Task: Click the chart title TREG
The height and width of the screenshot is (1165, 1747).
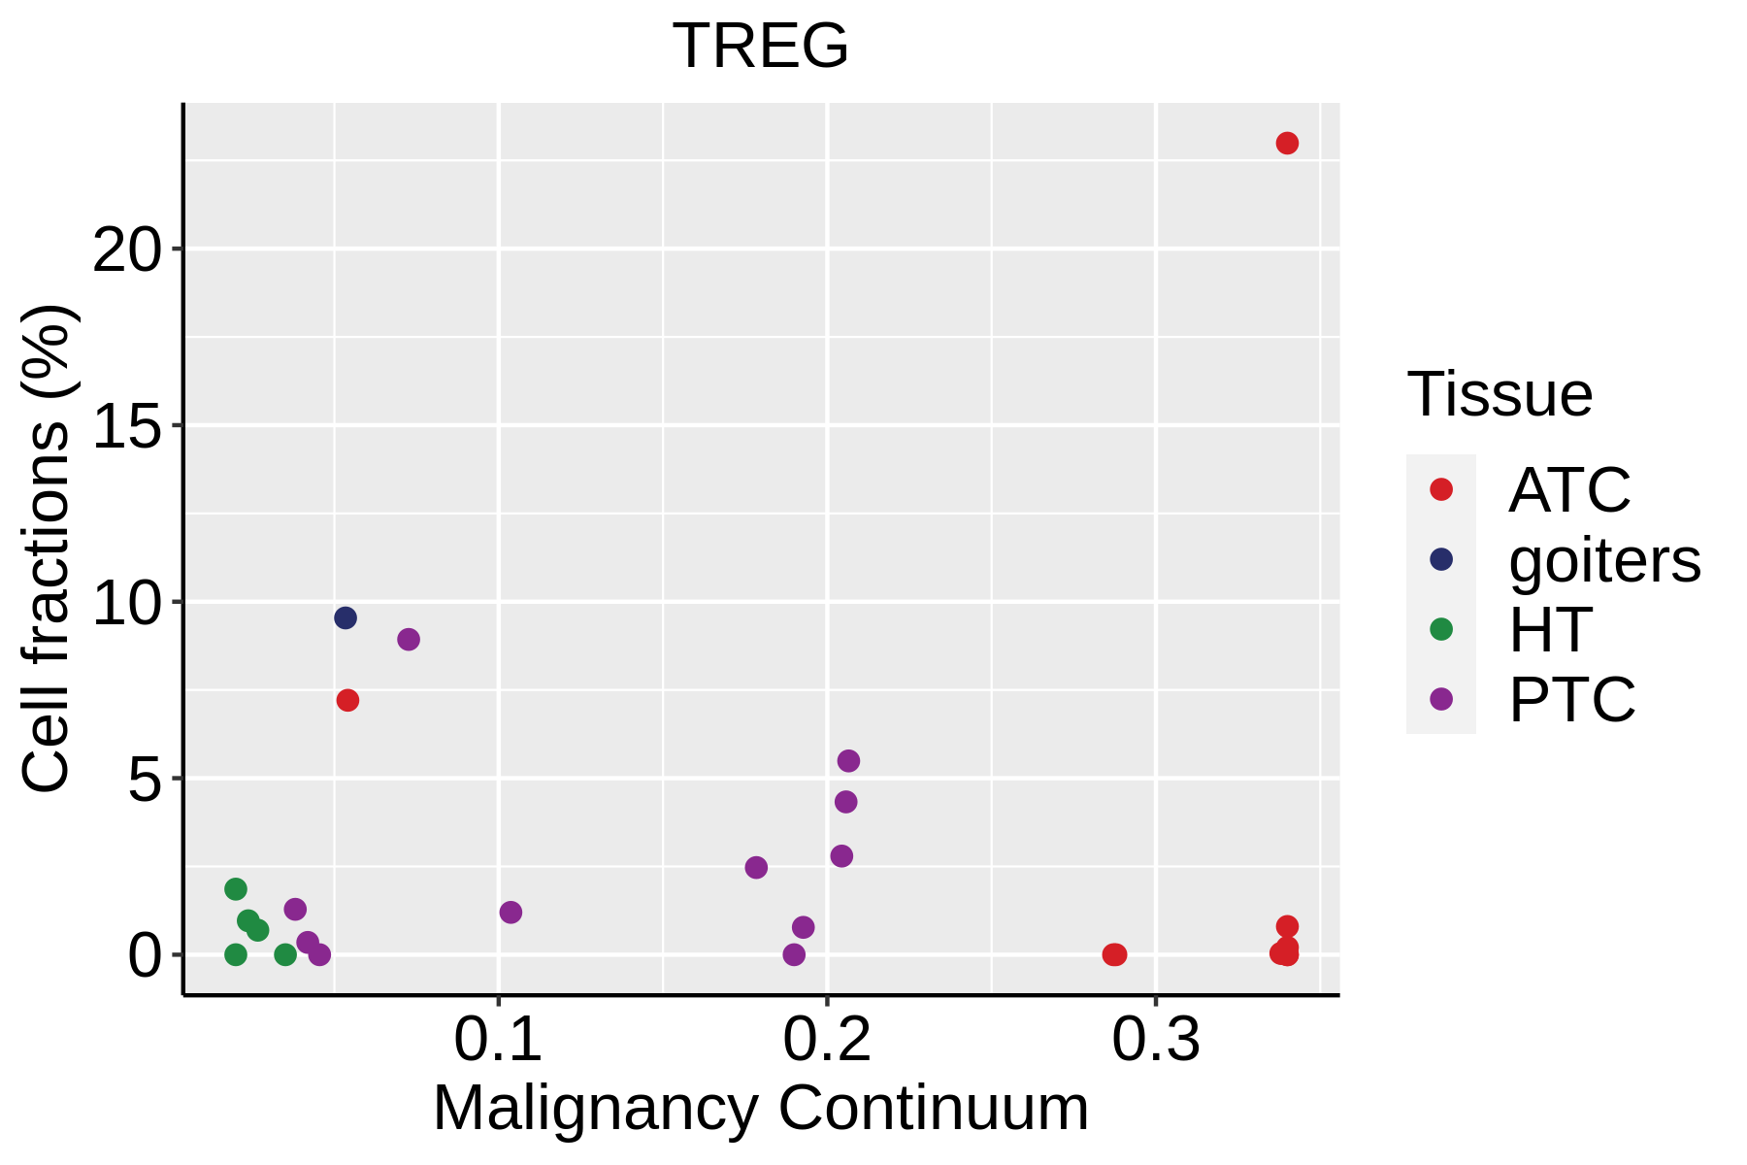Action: (760, 46)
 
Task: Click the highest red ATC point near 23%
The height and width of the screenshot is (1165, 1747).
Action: (1287, 144)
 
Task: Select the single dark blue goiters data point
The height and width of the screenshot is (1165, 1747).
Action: (346, 618)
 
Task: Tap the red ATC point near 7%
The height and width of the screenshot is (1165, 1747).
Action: (347, 700)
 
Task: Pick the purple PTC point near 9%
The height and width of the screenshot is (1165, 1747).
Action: (409, 639)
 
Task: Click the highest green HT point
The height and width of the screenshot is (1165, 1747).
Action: (236, 889)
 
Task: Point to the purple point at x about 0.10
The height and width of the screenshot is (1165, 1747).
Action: (511, 913)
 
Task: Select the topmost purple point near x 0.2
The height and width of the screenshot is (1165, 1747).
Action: (848, 761)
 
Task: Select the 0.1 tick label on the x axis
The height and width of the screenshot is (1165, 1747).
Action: (498, 1040)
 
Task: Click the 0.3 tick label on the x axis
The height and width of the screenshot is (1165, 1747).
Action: (1155, 1040)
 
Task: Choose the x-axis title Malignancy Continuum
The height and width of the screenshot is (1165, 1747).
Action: (761, 1108)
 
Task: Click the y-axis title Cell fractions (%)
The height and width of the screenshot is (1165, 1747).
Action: (47, 549)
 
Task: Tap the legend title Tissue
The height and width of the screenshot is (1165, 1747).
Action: (1500, 394)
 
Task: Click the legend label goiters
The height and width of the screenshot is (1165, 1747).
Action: (1604, 560)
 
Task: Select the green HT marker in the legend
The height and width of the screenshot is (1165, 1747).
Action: (1441, 629)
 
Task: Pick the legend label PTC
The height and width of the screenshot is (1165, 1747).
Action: (1571, 699)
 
